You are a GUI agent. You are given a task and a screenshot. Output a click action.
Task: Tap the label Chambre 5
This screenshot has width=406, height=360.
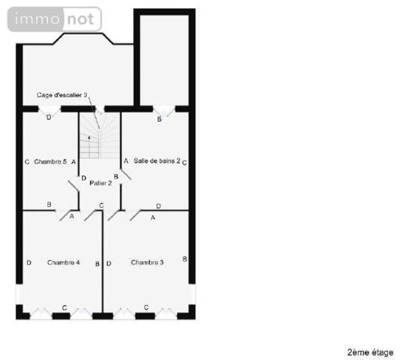[x=50, y=161]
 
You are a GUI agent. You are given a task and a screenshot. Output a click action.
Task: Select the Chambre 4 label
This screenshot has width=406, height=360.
[x=64, y=262]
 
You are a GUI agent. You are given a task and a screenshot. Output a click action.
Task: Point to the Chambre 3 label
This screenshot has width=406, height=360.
[x=147, y=262]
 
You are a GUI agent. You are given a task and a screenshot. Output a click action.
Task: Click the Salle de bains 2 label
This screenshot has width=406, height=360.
[x=157, y=161]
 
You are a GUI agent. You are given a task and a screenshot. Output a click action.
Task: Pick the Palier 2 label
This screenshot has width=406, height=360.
[x=100, y=182]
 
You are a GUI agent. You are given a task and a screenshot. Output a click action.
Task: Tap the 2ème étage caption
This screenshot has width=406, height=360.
[x=370, y=352]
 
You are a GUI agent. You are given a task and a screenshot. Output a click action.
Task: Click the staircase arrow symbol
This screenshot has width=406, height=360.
[x=91, y=138]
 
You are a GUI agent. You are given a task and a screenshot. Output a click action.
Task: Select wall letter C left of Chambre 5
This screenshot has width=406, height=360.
[x=26, y=161]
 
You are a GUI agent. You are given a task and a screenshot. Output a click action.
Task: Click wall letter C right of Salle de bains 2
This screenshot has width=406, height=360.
[x=184, y=161]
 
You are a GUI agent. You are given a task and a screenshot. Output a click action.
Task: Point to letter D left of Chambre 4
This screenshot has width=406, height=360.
[x=28, y=262]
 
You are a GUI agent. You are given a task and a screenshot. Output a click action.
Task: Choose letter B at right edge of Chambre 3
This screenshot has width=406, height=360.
[x=185, y=259]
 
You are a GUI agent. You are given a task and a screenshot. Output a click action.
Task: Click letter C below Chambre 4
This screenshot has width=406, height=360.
[x=64, y=307]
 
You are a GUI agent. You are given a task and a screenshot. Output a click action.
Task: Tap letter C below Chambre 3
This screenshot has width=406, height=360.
[x=146, y=307]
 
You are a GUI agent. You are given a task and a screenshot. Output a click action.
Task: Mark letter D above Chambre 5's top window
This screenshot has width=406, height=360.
[x=49, y=118]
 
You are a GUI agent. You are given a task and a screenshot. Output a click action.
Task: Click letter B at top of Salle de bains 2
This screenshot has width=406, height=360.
[x=159, y=118]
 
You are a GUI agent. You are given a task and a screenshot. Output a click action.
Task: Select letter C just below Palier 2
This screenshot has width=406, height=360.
[x=101, y=205]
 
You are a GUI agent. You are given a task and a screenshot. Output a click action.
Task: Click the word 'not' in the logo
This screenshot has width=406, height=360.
[x=79, y=19]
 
